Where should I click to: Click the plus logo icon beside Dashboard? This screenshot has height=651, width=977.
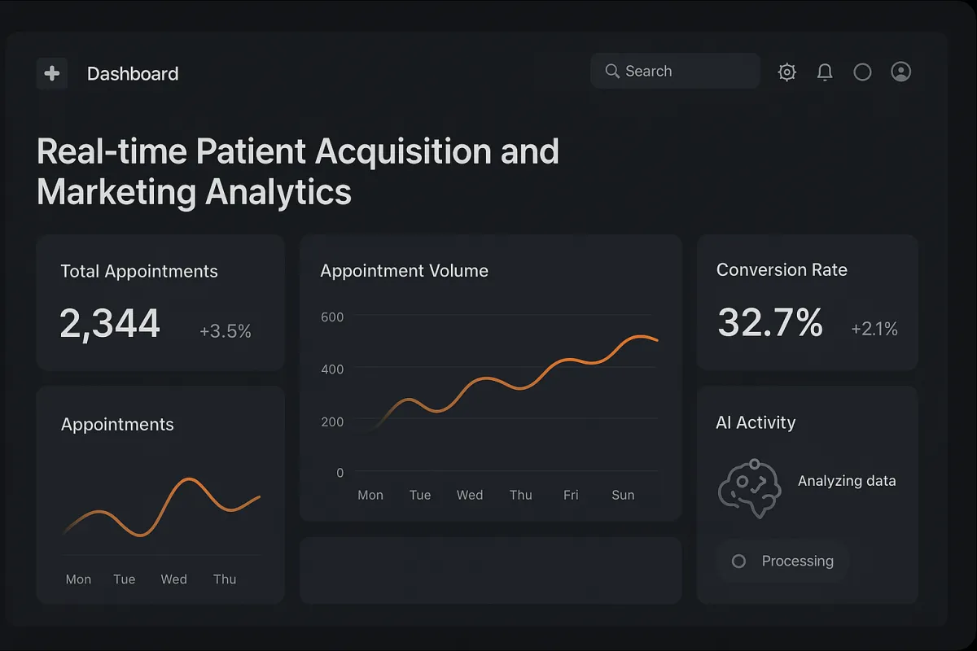pyautogui.click(x=52, y=73)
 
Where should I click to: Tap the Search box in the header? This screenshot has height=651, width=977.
pyautogui.click(x=675, y=72)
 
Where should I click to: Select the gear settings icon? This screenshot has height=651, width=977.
pyautogui.click(x=786, y=72)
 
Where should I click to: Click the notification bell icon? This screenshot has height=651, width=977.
pyautogui.click(x=825, y=72)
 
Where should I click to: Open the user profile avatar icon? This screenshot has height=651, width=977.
pyautogui.click(x=900, y=72)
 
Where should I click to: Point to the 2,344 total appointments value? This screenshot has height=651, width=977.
pyautogui.click(x=110, y=324)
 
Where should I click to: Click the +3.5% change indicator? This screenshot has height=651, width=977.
pyautogui.click(x=226, y=331)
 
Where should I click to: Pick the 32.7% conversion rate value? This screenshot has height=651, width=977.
pyautogui.click(x=769, y=323)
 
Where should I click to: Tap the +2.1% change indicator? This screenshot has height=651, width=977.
pyautogui.click(x=874, y=329)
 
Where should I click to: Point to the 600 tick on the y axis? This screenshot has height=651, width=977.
pyautogui.click(x=332, y=317)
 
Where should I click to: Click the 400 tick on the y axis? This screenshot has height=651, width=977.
pyautogui.click(x=332, y=369)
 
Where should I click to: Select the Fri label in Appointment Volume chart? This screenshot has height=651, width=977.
pyautogui.click(x=571, y=495)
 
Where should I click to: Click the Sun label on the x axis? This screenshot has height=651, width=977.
pyautogui.click(x=623, y=495)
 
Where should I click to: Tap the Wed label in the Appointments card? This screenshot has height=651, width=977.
pyautogui.click(x=173, y=579)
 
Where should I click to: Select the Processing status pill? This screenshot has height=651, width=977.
pyautogui.click(x=782, y=561)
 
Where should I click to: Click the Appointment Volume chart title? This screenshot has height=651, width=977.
pyautogui.click(x=404, y=271)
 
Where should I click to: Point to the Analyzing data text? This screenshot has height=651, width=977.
pyautogui.click(x=847, y=481)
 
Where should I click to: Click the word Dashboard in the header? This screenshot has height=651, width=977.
pyautogui.click(x=133, y=74)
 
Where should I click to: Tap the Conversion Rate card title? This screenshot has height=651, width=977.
pyautogui.click(x=782, y=270)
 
